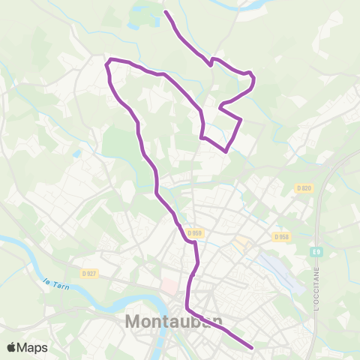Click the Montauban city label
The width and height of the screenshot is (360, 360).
[x=172, y=321]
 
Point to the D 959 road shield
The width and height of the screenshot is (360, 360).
[x=196, y=233]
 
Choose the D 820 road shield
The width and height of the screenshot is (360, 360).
[x=303, y=187]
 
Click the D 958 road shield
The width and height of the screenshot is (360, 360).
[x=281, y=237]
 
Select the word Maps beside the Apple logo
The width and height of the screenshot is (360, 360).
[x=34, y=347]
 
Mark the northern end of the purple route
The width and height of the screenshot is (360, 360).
[x=166, y=13]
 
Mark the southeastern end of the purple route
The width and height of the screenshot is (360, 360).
[x=252, y=348]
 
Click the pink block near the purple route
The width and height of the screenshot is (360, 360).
[x=170, y=287]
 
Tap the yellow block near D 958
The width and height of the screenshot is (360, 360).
[x=241, y=244]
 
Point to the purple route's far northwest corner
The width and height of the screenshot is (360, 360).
[x=109, y=60]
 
